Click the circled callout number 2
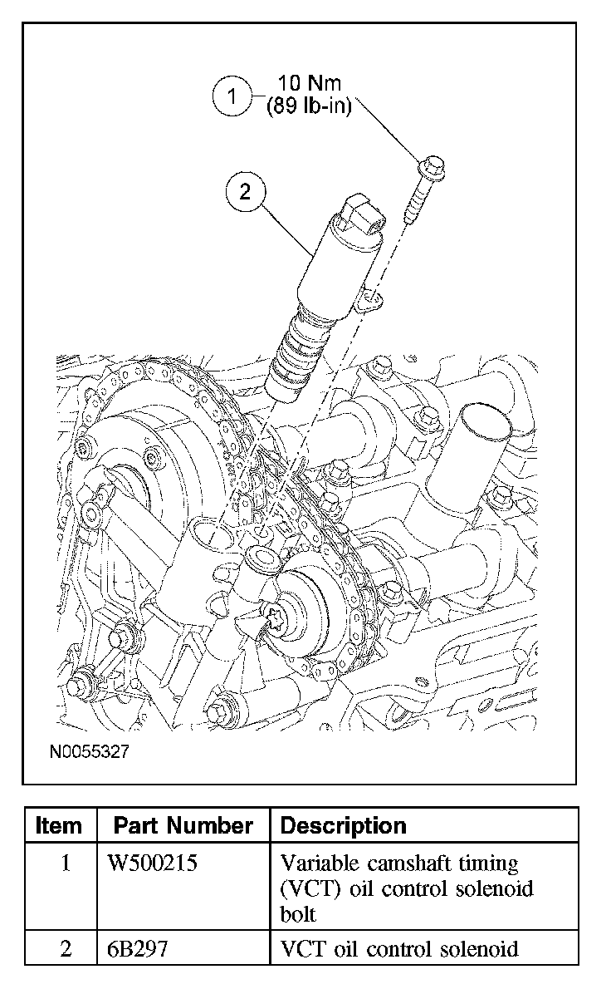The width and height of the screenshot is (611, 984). (244, 193)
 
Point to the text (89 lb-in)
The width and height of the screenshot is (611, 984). (309, 107)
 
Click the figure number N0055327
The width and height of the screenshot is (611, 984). (89, 752)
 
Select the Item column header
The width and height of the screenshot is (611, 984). (60, 825)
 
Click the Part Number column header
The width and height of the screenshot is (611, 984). (183, 825)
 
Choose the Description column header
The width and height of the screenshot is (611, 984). (344, 825)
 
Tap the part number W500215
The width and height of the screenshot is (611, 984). (153, 863)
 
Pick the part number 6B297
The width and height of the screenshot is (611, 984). (138, 948)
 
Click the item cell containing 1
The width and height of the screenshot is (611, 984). (66, 863)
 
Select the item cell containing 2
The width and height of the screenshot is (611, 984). (66, 948)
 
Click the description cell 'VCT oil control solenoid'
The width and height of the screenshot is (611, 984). (399, 948)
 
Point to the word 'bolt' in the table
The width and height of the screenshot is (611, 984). (298, 914)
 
